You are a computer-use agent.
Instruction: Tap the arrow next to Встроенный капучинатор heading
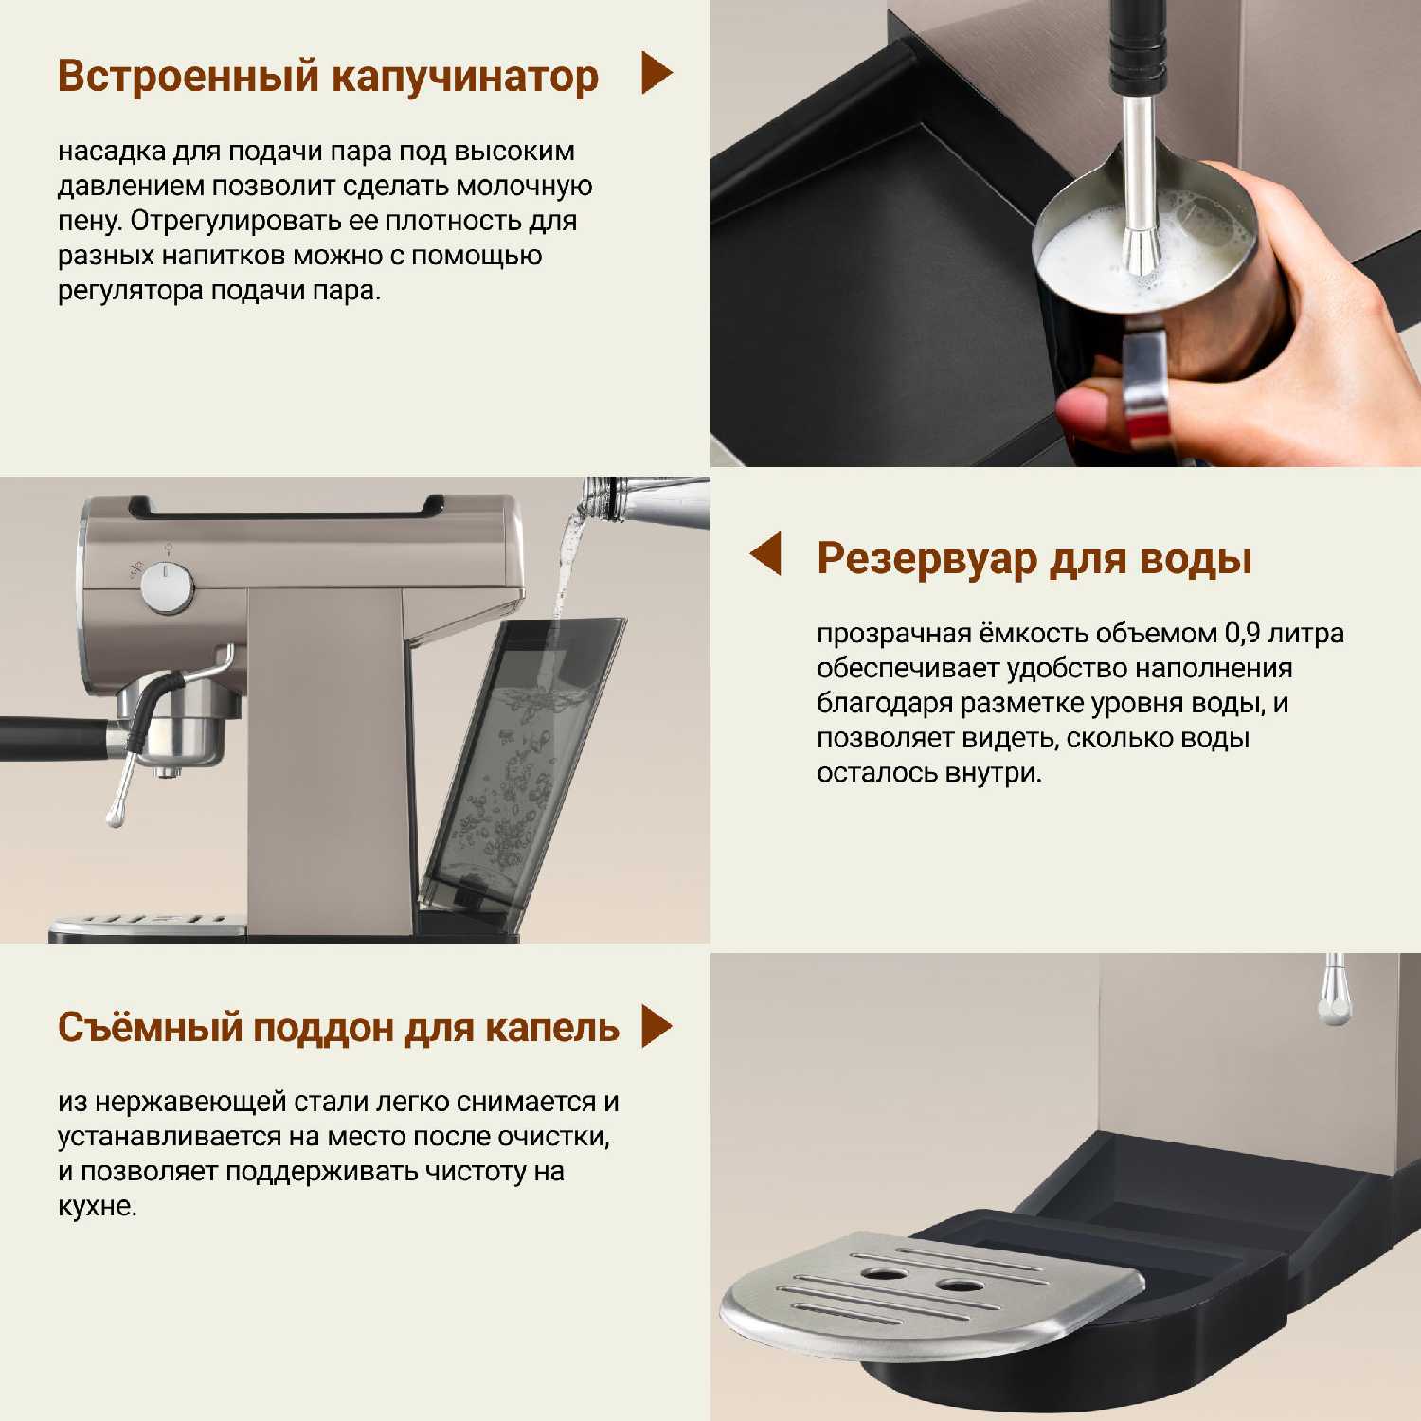657,73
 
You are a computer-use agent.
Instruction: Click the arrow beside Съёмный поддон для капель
657,1026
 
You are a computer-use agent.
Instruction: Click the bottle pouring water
644,500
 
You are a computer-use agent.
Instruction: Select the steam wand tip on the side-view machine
115,815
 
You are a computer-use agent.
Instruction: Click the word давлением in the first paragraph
131,187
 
